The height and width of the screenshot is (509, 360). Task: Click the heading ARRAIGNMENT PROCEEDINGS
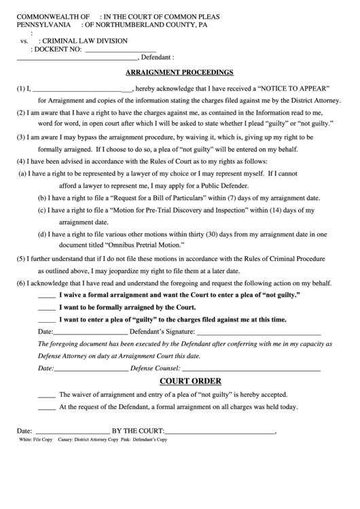pyautogui.click(x=180, y=71)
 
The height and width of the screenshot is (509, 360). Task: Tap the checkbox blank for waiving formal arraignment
pyautogui.click(x=46, y=298)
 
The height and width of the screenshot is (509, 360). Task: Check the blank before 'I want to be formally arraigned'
pyautogui.click(x=46, y=309)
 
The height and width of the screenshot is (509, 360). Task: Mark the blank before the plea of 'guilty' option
pyautogui.click(x=46, y=320)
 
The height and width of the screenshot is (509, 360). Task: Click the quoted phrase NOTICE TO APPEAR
pyautogui.click(x=293, y=88)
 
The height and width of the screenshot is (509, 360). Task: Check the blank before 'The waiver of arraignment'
pyautogui.click(x=46, y=395)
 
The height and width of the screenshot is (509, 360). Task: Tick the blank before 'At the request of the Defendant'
pyautogui.click(x=46, y=408)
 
